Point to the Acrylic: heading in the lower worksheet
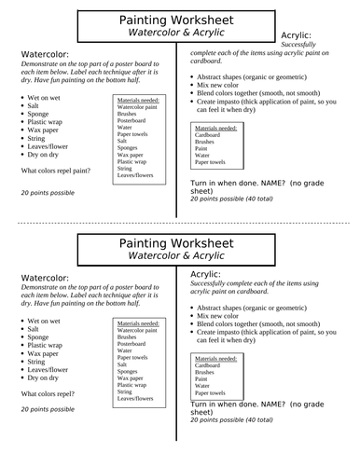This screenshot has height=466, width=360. [205, 275]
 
